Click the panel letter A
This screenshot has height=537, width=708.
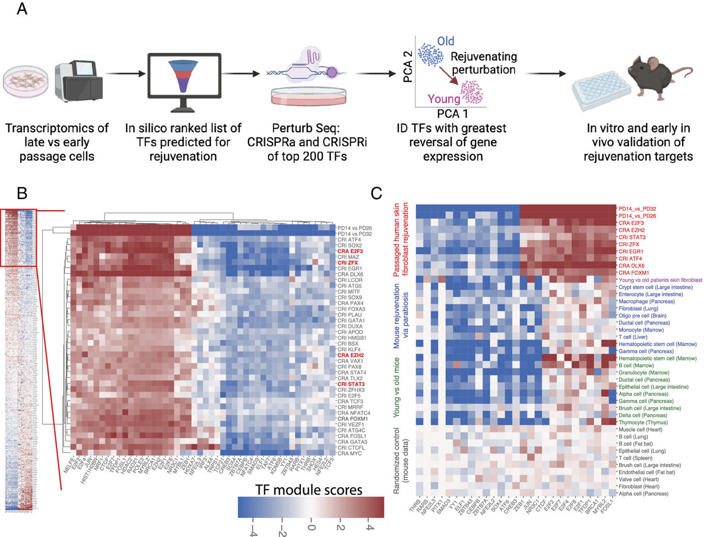click(x=22, y=9)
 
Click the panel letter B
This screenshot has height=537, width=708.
click(x=22, y=194)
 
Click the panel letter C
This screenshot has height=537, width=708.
click(x=377, y=194)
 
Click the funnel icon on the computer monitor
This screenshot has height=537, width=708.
click(x=183, y=80)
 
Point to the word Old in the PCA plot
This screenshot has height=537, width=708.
click(x=445, y=41)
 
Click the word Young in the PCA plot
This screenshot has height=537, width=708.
click(x=444, y=99)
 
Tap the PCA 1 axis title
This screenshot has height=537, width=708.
click(x=452, y=114)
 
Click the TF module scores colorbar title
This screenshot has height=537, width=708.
click(x=309, y=489)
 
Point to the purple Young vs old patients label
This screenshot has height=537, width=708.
click(x=660, y=280)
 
